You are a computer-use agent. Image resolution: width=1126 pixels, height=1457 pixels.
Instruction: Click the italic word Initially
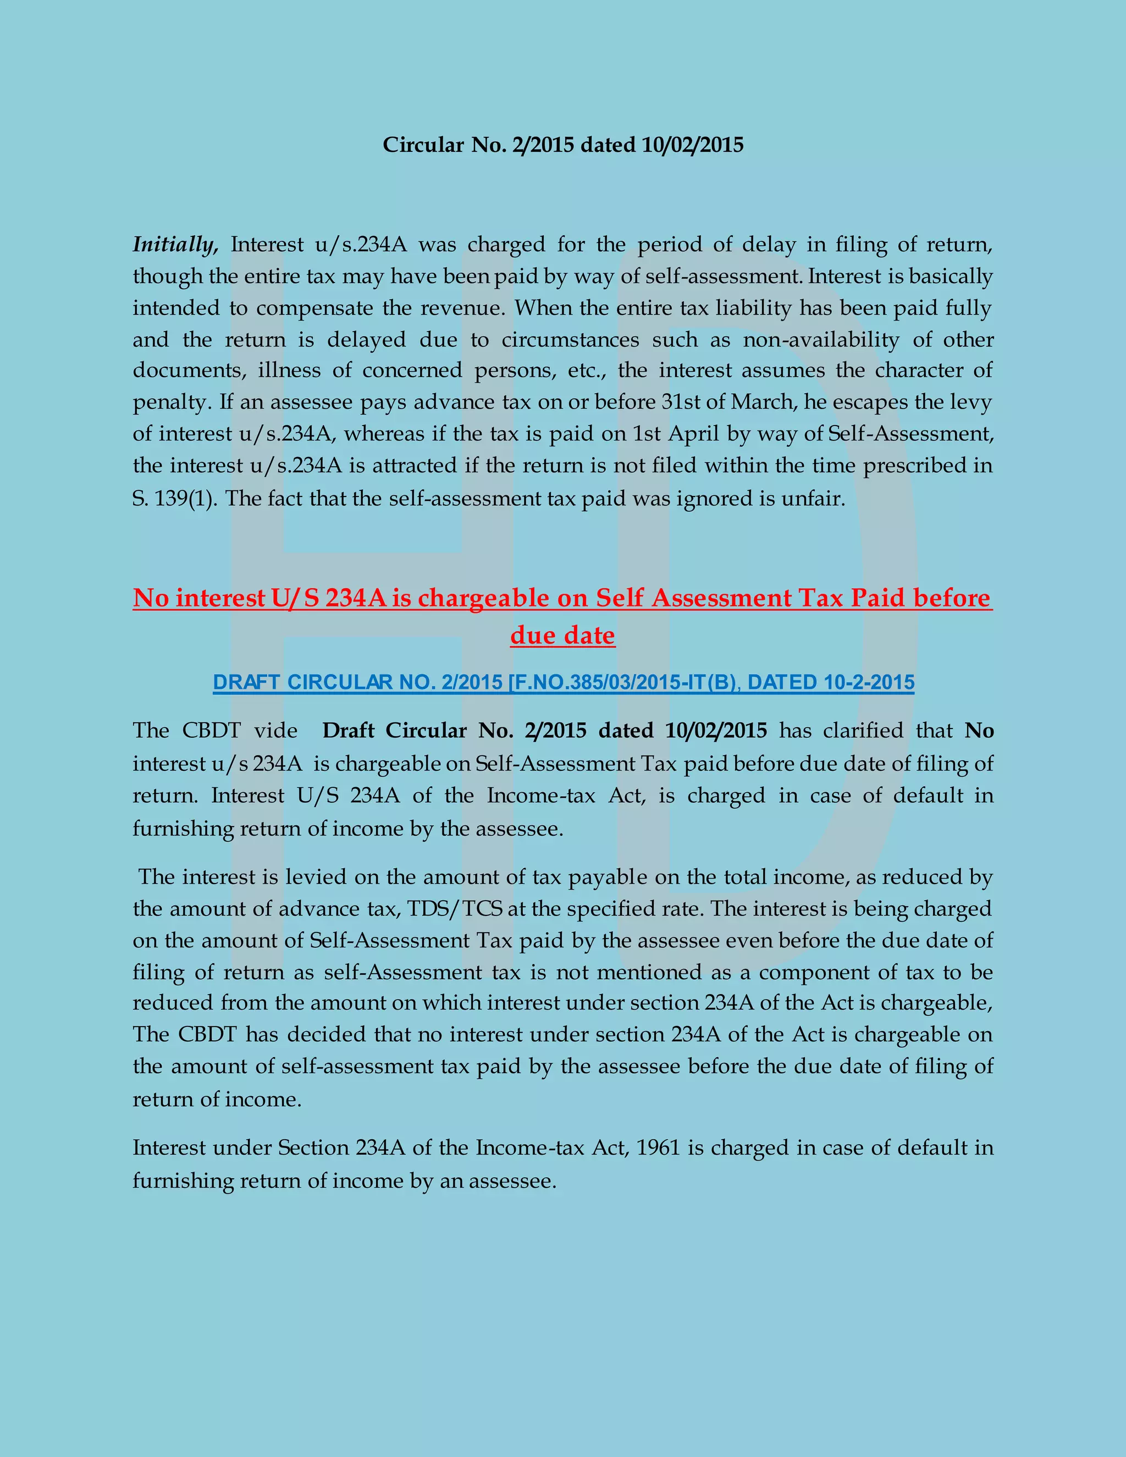[175, 245]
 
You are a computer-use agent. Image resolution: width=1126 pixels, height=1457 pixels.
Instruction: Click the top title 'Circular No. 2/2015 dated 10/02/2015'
[562, 145]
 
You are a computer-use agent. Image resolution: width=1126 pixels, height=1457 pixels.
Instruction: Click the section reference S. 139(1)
[173, 499]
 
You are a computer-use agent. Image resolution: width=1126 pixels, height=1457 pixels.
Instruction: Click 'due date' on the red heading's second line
[562, 635]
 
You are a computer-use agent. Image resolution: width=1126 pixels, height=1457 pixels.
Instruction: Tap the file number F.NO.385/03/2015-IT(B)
[623, 682]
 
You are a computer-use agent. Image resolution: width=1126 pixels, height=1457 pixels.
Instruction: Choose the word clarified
[863, 731]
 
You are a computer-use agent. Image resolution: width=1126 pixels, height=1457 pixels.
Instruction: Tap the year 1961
[658, 1148]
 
